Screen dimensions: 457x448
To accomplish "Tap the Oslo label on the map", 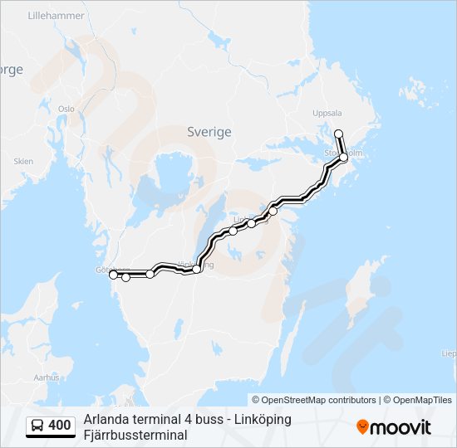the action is point(66,109).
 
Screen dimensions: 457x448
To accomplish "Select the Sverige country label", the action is point(209,132).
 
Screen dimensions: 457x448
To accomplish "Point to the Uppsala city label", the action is point(327,114).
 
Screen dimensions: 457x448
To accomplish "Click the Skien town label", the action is point(23,161).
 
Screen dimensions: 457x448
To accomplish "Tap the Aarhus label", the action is point(47,377).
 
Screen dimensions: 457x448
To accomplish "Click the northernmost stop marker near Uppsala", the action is point(338,134).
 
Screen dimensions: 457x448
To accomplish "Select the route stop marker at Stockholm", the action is point(343,156).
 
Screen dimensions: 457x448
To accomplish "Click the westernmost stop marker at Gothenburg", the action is point(113,274).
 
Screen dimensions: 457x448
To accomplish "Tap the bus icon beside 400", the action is point(37,426).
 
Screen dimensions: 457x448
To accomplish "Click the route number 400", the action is point(60,426).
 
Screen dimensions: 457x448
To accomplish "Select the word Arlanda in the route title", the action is point(105,419).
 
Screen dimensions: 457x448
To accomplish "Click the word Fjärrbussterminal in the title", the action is point(135,435).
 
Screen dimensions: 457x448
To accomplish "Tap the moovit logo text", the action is point(400,427).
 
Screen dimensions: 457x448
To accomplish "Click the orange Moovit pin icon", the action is point(362,426).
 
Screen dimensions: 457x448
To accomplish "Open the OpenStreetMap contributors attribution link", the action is point(320,400).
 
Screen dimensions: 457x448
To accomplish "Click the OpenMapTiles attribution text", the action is point(419,400).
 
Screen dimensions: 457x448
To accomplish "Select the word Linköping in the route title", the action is point(259,419).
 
